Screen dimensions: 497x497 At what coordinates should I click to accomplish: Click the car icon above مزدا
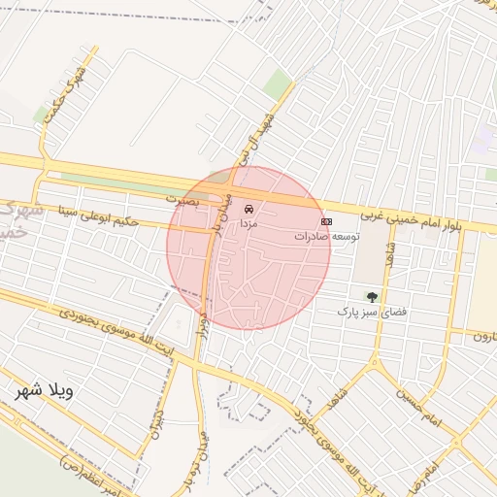pyautogui.click(x=249, y=209)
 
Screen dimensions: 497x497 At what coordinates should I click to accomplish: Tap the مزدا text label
pyautogui.click(x=249, y=223)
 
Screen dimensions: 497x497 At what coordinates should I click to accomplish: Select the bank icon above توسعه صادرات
pyautogui.click(x=326, y=221)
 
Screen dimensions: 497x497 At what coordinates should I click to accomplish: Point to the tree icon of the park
pyautogui.click(x=371, y=296)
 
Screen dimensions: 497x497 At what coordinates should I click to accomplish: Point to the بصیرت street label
pyautogui.click(x=181, y=198)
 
